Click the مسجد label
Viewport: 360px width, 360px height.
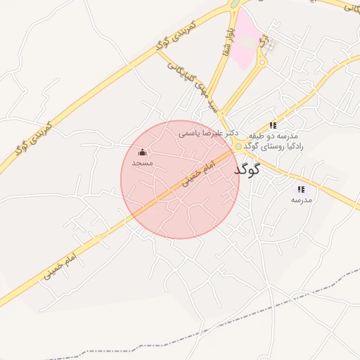142,162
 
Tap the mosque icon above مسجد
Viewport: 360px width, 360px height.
143,153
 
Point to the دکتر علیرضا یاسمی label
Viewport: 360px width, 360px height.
208,132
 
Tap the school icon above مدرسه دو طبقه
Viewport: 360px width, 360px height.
273,125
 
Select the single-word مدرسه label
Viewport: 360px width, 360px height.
301,200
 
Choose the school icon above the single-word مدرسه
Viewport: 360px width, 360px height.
301,189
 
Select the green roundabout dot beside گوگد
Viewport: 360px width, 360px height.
238,146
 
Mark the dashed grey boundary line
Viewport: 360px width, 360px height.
281,309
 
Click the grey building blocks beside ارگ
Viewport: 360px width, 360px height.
271,46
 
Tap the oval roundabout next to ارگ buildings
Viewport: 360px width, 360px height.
262,62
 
